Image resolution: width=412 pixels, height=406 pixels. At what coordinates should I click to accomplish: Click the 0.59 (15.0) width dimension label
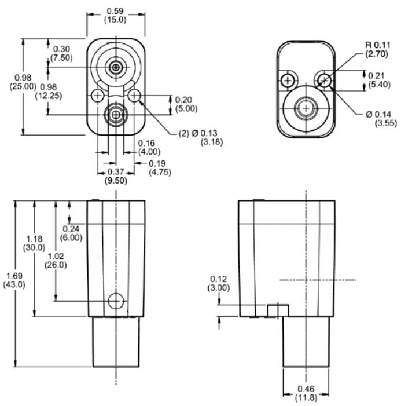[x=115, y=15]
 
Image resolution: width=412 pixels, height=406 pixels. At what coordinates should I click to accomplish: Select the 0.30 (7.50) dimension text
[x=61, y=53]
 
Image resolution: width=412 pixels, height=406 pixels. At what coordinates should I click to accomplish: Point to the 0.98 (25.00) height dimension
[x=23, y=82]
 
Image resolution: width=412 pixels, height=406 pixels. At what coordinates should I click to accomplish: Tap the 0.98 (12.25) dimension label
[x=49, y=92]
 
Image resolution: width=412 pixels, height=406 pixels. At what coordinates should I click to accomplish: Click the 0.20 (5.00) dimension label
[x=186, y=104]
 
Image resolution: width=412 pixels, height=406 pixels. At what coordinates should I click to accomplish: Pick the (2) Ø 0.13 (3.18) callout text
[x=201, y=137]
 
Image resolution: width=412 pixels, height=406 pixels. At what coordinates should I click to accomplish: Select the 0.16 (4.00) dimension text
[x=149, y=148]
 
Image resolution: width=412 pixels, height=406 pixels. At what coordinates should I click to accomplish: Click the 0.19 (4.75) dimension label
[x=160, y=168]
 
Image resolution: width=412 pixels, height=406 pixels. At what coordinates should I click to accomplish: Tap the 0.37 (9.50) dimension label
[x=116, y=176]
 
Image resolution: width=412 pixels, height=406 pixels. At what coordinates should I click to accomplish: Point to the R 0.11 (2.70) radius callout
[x=378, y=49]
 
